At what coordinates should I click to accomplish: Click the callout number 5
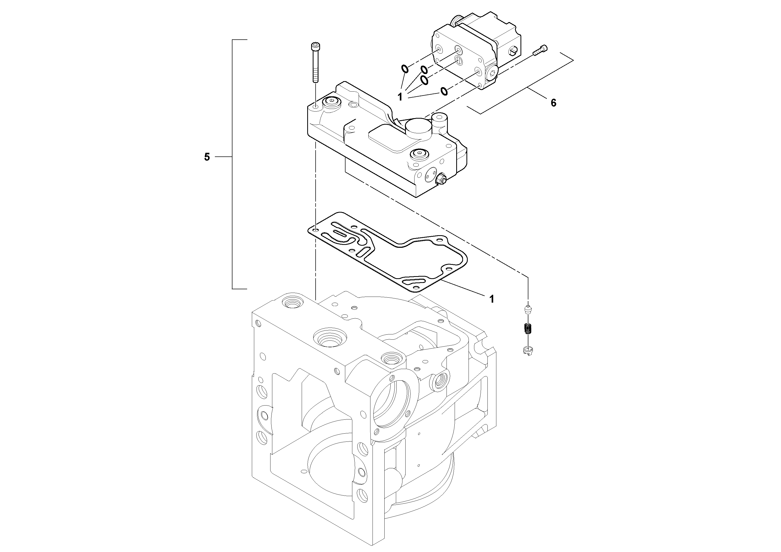(x=207, y=157)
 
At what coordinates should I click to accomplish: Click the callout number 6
(x=554, y=103)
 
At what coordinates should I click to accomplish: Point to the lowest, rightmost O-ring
(x=444, y=91)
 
